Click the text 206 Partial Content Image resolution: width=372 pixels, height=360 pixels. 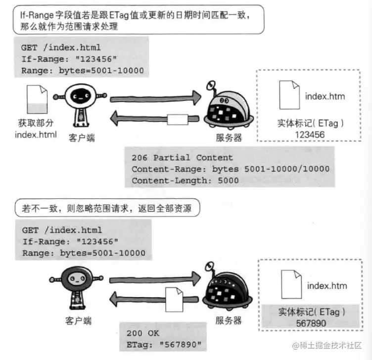click(182, 158)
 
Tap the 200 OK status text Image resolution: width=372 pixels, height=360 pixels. click(143, 333)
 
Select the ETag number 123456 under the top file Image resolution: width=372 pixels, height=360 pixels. click(310, 134)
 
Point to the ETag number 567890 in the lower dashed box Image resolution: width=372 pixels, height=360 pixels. click(310, 322)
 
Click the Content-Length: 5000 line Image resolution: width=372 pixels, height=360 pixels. click(185, 180)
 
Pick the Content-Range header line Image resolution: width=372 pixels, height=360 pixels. click(230, 169)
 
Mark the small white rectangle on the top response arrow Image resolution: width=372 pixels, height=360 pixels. click(177, 120)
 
